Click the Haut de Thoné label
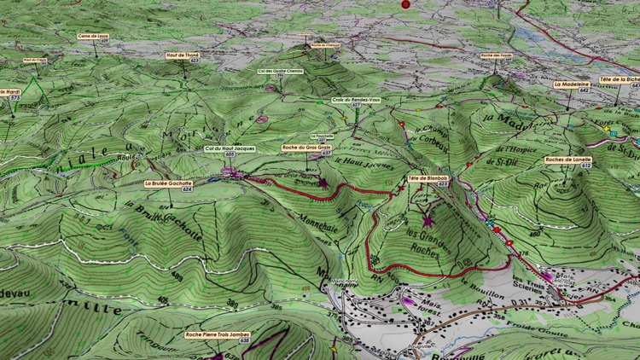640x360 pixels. (x=183, y=55)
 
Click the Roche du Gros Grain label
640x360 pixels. (x=305, y=148)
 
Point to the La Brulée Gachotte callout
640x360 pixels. (x=169, y=183)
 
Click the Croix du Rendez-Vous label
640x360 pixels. (x=356, y=100)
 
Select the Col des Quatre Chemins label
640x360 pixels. (x=281, y=71)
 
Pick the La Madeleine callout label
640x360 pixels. (x=572, y=84)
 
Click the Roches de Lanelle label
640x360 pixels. (x=568, y=160)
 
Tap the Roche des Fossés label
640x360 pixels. (x=496, y=55)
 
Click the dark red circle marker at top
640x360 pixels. (x=405, y=4)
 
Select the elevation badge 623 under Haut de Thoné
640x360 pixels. (x=195, y=61)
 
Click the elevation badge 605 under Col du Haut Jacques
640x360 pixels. (x=230, y=154)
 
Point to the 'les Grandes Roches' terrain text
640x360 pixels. (x=426, y=240)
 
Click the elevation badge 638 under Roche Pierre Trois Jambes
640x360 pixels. (x=221, y=340)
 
